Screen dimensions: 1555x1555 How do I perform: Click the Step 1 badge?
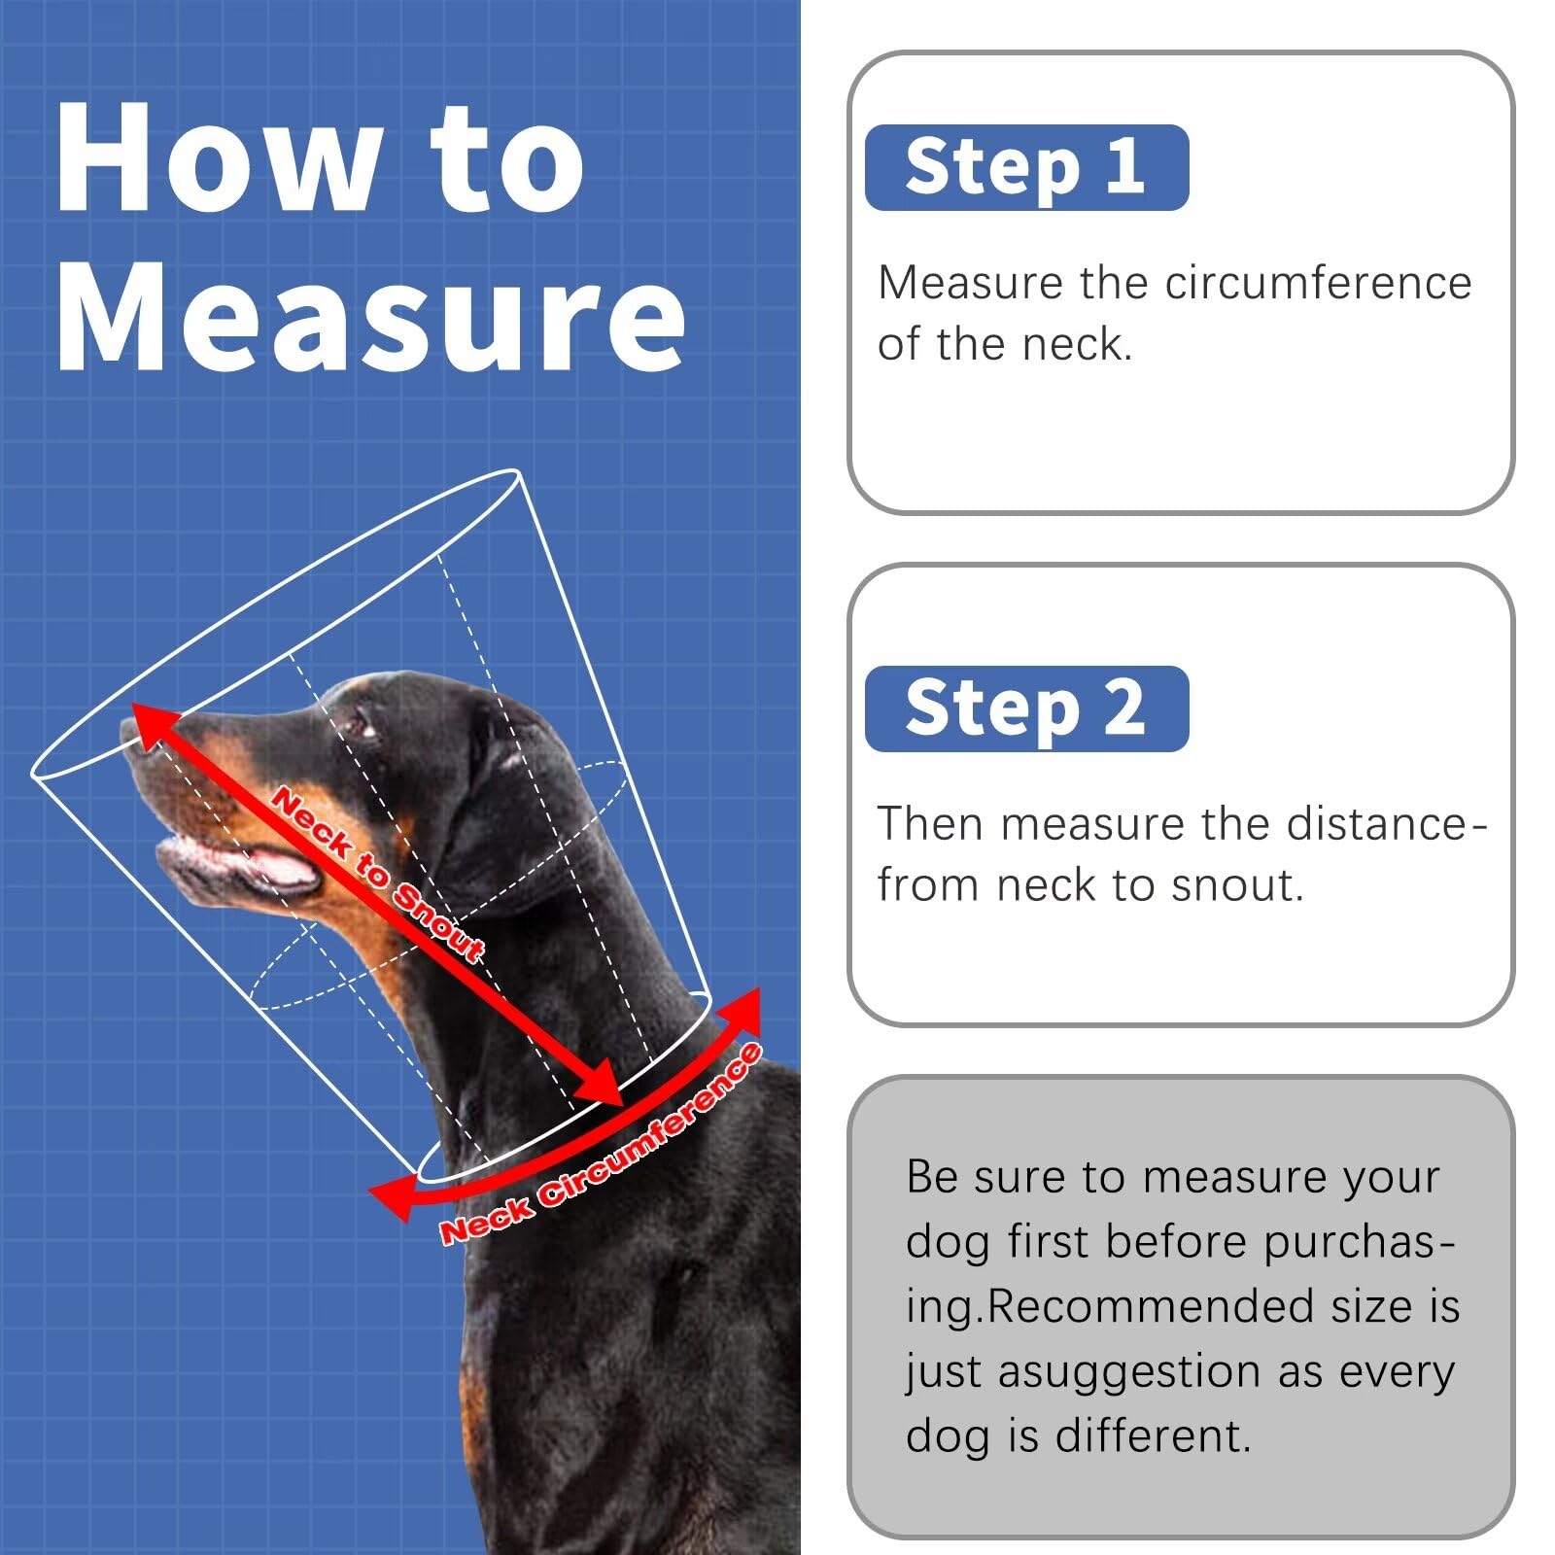[1026, 167]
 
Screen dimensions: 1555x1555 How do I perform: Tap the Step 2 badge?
[1026, 708]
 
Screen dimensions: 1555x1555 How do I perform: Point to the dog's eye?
[359, 724]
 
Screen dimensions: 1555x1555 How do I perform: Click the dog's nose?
[136, 731]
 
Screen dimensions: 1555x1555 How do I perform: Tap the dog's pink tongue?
[282, 869]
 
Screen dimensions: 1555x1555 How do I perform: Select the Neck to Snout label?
[379, 875]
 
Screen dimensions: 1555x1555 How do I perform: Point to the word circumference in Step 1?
[1319, 283]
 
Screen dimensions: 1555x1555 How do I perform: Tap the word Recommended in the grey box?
[1153, 1306]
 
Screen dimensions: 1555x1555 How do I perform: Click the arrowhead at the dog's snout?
[155, 726]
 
